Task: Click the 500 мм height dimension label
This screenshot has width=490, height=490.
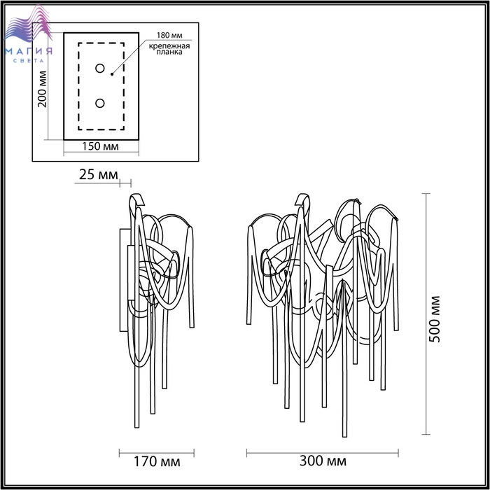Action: (435, 318)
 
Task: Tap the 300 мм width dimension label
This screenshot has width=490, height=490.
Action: (323, 461)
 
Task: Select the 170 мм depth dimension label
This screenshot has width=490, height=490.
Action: (157, 461)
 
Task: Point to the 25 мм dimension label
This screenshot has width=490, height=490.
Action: (99, 174)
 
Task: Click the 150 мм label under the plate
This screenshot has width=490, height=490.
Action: (100, 146)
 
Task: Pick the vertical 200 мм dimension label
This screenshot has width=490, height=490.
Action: (42, 89)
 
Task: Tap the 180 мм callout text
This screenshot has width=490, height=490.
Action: (169, 35)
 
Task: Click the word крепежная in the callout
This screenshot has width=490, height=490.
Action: (169, 46)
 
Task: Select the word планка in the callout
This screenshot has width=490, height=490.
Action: (169, 52)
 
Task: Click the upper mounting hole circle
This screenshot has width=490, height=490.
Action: (100, 69)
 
